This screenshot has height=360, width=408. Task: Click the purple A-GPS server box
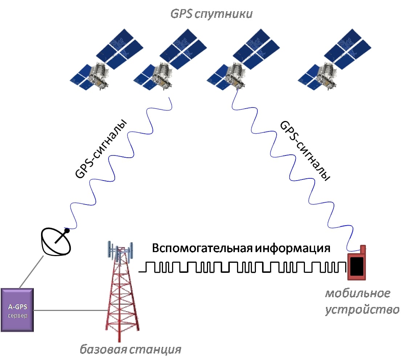(x=17, y=310)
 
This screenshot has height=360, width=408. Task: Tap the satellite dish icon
(x=57, y=241)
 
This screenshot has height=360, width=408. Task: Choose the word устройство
(x=362, y=310)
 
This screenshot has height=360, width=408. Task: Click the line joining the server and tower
(x=69, y=311)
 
